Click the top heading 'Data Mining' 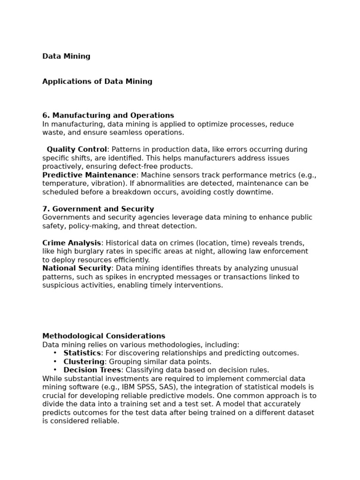[x=66, y=56]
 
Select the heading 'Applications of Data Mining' [x=97, y=82]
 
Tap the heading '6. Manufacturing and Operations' [x=108, y=115]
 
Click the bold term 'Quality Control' [x=77, y=150]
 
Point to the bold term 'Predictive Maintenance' [x=89, y=175]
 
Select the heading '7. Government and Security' [x=98, y=209]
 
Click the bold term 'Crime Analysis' [x=71, y=243]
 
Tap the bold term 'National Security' [x=77, y=268]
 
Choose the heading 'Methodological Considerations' [x=104, y=336]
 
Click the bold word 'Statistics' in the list [x=82, y=353]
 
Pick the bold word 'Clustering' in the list [x=84, y=361]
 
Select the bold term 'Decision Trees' [x=92, y=370]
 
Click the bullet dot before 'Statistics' [x=55, y=353]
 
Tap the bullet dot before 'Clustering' [x=55, y=361]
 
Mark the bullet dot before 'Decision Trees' [x=55, y=370]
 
